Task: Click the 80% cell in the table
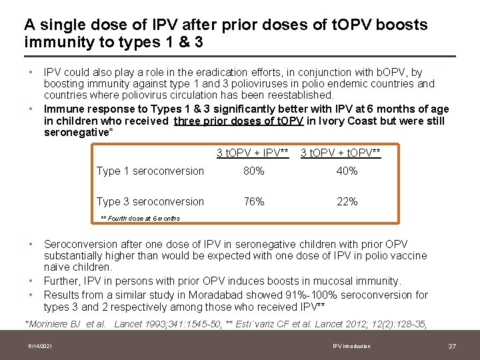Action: pos(253,171)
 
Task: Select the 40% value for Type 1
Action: pos(347,171)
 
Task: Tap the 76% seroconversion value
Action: pos(253,202)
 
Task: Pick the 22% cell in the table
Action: pos(347,202)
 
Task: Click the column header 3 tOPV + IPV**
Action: pos(253,153)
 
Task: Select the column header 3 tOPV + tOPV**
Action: pos(341,153)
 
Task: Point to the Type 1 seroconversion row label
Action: pos(150,171)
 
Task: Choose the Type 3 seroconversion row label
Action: pos(150,202)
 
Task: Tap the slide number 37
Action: pos(451,346)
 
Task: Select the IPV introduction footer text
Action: pos(351,346)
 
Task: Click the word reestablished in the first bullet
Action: pos(300,95)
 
